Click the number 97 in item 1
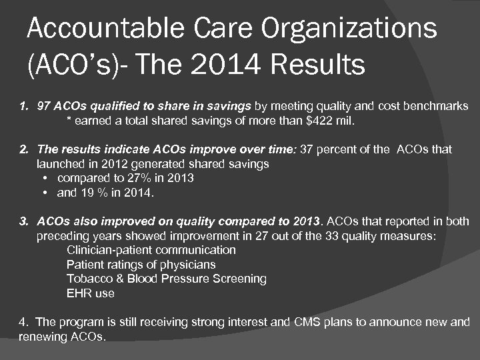click(x=43, y=106)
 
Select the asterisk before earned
click(x=69, y=121)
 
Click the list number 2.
click(x=23, y=149)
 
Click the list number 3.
click(x=23, y=221)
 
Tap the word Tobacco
click(x=89, y=279)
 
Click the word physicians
click(x=189, y=265)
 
